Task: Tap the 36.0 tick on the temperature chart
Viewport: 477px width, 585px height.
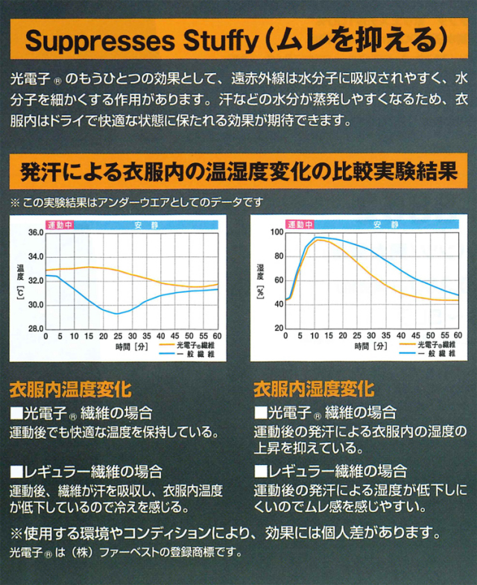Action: (x=34, y=233)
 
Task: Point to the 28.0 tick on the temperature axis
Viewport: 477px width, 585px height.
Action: (x=34, y=329)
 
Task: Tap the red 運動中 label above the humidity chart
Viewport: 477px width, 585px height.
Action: (x=300, y=224)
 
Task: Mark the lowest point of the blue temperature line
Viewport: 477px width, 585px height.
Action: (x=117, y=314)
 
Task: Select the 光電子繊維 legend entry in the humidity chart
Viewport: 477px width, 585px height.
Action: (x=436, y=345)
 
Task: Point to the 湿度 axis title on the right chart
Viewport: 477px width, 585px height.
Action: (x=260, y=271)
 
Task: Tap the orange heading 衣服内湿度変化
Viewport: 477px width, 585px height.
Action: (x=314, y=389)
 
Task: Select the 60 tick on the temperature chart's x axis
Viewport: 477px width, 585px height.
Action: (x=217, y=337)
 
